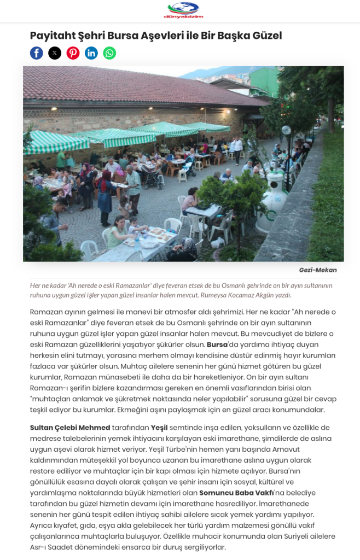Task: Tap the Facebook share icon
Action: [x=36, y=53]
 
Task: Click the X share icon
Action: [x=55, y=53]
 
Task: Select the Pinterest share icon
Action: [x=73, y=53]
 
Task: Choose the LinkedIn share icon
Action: [x=91, y=53]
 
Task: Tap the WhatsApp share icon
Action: [x=109, y=53]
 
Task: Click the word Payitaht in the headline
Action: [x=53, y=36]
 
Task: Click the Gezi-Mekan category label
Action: [x=317, y=270]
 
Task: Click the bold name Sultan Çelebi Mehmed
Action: [x=70, y=428]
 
